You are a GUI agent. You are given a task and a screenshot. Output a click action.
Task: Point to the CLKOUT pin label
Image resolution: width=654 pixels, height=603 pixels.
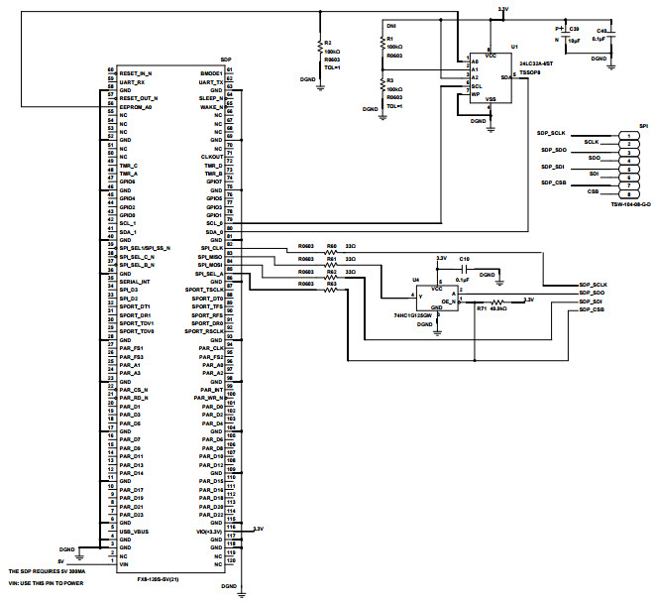tap(210, 157)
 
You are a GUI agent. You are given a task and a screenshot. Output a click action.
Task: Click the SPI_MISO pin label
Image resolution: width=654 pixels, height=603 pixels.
tap(208, 257)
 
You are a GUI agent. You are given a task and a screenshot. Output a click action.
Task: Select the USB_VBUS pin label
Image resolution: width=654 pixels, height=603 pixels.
tap(136, 532)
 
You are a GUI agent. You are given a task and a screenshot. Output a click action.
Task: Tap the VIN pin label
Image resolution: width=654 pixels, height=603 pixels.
tap(124, 565)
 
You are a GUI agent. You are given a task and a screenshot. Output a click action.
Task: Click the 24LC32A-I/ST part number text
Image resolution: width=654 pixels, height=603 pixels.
tap(535, 61)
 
